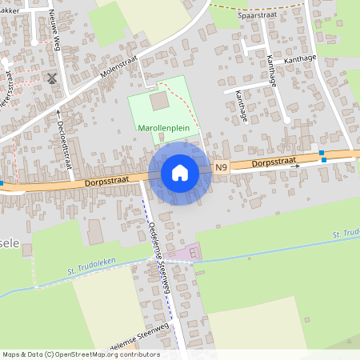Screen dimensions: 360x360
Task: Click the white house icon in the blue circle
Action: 179,173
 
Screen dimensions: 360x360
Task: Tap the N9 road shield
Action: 222,167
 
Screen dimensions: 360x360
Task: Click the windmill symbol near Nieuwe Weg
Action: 52,78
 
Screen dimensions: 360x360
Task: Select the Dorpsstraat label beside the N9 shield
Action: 274,162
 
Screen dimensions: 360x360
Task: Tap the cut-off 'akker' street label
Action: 10,10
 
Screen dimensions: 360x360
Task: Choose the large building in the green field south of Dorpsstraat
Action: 95,232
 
